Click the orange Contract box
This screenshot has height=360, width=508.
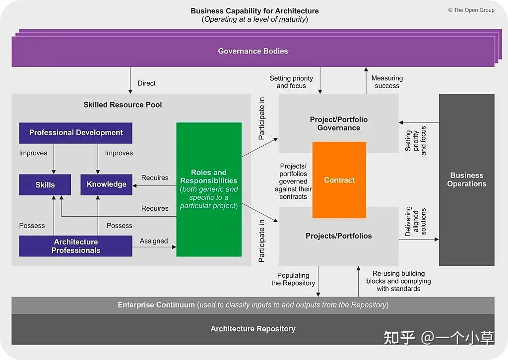tap(339, 180)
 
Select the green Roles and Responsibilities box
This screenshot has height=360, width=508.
tap(209, 189)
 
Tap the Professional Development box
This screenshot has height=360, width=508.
tap(76, 132)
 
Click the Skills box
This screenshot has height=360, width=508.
tap(45, 184)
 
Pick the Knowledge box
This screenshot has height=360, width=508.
tap(107, 184)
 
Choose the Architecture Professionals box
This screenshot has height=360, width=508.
tap(76, 246)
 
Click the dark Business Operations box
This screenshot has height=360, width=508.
tap(466, 180)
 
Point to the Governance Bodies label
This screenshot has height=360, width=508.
tap(253, 51)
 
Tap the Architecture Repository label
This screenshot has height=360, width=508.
tap(253, 329)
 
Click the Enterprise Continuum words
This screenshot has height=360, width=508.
tap(156, 305)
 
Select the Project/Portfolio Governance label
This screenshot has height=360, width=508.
tap(339, 123)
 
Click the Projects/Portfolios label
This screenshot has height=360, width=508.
tap(339, 236)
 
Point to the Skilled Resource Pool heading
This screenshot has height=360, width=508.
tap(123, 105)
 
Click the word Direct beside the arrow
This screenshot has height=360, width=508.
tap(147, 83)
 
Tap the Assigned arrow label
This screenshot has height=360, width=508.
tap(154, 241)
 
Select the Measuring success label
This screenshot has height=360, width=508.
tap(387, 82)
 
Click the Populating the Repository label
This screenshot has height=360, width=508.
tap(293, 279)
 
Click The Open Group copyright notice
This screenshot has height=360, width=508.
tap(471, 10)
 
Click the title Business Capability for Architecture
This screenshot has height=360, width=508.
tap(254, 11)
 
